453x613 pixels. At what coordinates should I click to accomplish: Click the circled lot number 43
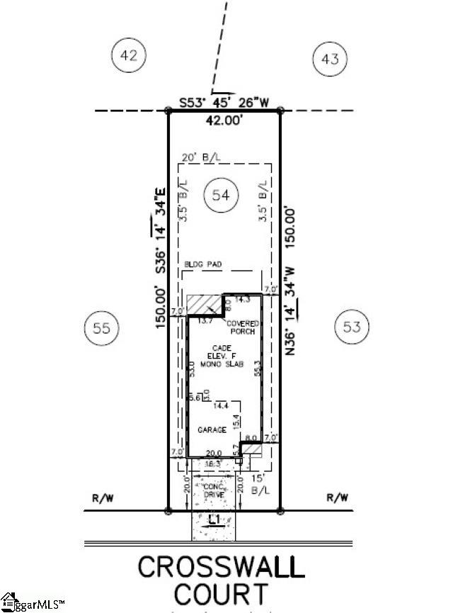point(331,59)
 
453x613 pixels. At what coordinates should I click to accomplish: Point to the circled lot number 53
point(352,327)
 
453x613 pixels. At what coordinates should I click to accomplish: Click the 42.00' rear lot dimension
point(223,121)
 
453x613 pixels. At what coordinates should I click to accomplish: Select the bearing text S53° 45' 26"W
point(224,102)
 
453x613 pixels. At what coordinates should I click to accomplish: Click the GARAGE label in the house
point(212,429)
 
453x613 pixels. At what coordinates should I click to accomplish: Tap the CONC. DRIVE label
point(213,490)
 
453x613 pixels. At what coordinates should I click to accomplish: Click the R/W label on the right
point(338,498)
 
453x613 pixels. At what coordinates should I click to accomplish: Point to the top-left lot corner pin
point(168,111)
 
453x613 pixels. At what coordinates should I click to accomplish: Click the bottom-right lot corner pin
point(280,510)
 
